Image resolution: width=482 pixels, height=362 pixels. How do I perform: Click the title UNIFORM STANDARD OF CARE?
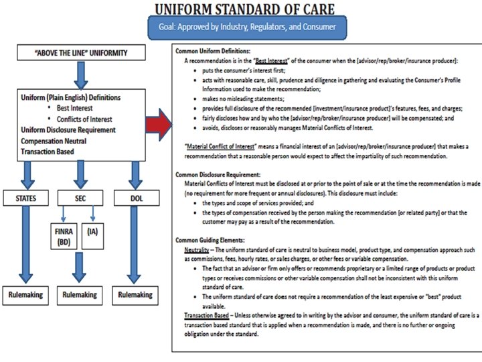[x=246, y=9]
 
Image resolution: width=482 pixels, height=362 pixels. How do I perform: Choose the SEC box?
[x=80, y=198]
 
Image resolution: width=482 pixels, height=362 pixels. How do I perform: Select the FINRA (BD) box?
[x=64, y=237]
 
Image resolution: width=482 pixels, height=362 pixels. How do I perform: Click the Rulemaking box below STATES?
[x=25, y=294]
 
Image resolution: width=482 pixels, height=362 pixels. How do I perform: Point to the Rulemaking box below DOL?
[x=135, y=294]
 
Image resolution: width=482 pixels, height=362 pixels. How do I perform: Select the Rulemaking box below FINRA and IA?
[x=80, y=294]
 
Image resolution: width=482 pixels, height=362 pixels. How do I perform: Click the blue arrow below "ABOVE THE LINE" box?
[x=81, y=73]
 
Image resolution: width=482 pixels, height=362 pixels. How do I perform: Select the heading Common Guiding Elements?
[x=210, y=239]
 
